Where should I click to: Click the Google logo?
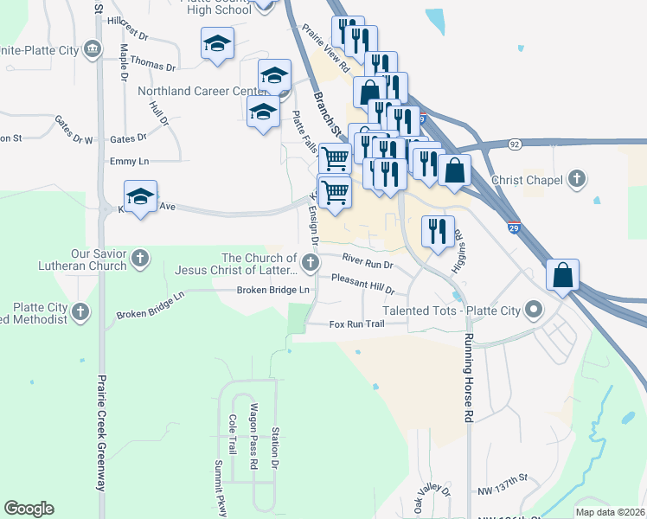pos(29,509)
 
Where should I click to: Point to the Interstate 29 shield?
pos(514,228)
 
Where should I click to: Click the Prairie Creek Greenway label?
pos(101,432)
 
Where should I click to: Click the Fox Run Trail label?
pos(356,324)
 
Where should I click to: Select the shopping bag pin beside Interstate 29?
pos(562,278)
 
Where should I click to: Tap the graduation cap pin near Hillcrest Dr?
pos(217,44)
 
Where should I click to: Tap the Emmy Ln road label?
pos(130,161)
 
